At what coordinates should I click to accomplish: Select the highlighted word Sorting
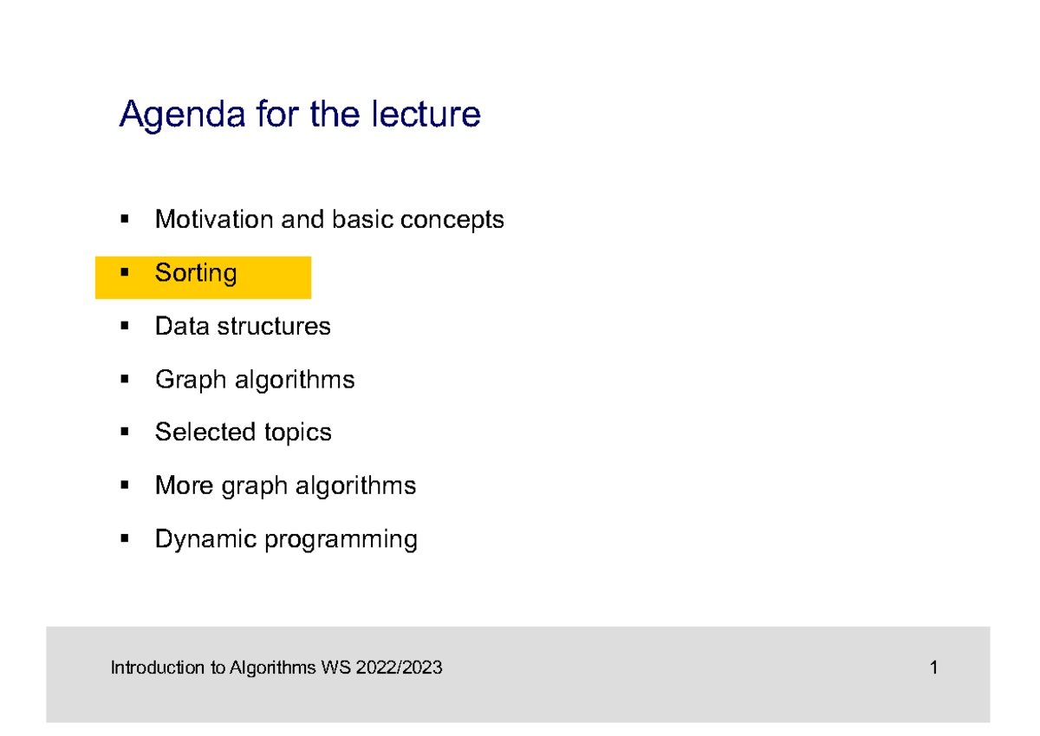click(196, 273)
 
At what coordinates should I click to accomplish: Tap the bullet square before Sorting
click(125, 273)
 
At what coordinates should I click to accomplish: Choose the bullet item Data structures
click(243, 326)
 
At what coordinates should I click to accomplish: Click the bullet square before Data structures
click(125, 326)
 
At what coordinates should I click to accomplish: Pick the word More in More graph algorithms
click(184, 485)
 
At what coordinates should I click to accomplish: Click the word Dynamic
click(205, 539)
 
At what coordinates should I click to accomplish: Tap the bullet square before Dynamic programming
click(125, 539)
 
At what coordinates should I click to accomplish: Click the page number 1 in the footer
click(933, 668)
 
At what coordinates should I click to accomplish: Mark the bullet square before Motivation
click(125, 219)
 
